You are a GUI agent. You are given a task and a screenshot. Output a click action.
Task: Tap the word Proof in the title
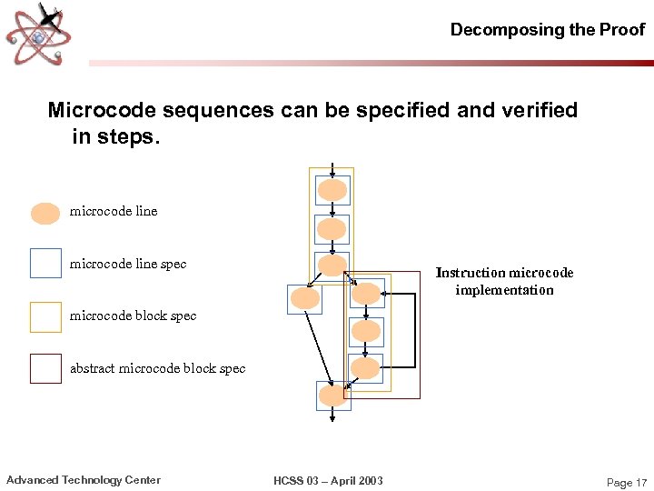coord(621,29)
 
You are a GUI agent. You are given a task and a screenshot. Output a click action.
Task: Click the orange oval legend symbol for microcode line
coord(45,213)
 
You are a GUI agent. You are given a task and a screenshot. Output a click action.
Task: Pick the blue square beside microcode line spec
coord(45,264)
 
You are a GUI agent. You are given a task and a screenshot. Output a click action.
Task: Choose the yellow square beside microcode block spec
coord(45,316)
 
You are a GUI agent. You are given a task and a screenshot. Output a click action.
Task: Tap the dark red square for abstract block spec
coord(45,368)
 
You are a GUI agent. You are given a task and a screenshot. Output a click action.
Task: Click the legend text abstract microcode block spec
coord(157,368)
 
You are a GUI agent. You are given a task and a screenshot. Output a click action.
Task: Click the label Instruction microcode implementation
coord(504,281)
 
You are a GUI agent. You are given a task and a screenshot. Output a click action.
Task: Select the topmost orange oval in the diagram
coord(332,190)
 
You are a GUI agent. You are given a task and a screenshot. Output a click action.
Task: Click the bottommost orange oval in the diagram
coord(332,396)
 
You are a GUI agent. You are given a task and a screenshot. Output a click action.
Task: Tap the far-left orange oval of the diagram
coord(304,298)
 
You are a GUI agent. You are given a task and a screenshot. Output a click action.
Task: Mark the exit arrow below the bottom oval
coord(332,416)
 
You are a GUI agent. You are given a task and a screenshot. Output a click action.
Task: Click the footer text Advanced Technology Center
coord(84,480)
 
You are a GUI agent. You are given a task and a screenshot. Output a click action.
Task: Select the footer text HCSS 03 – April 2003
coord(328,480)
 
